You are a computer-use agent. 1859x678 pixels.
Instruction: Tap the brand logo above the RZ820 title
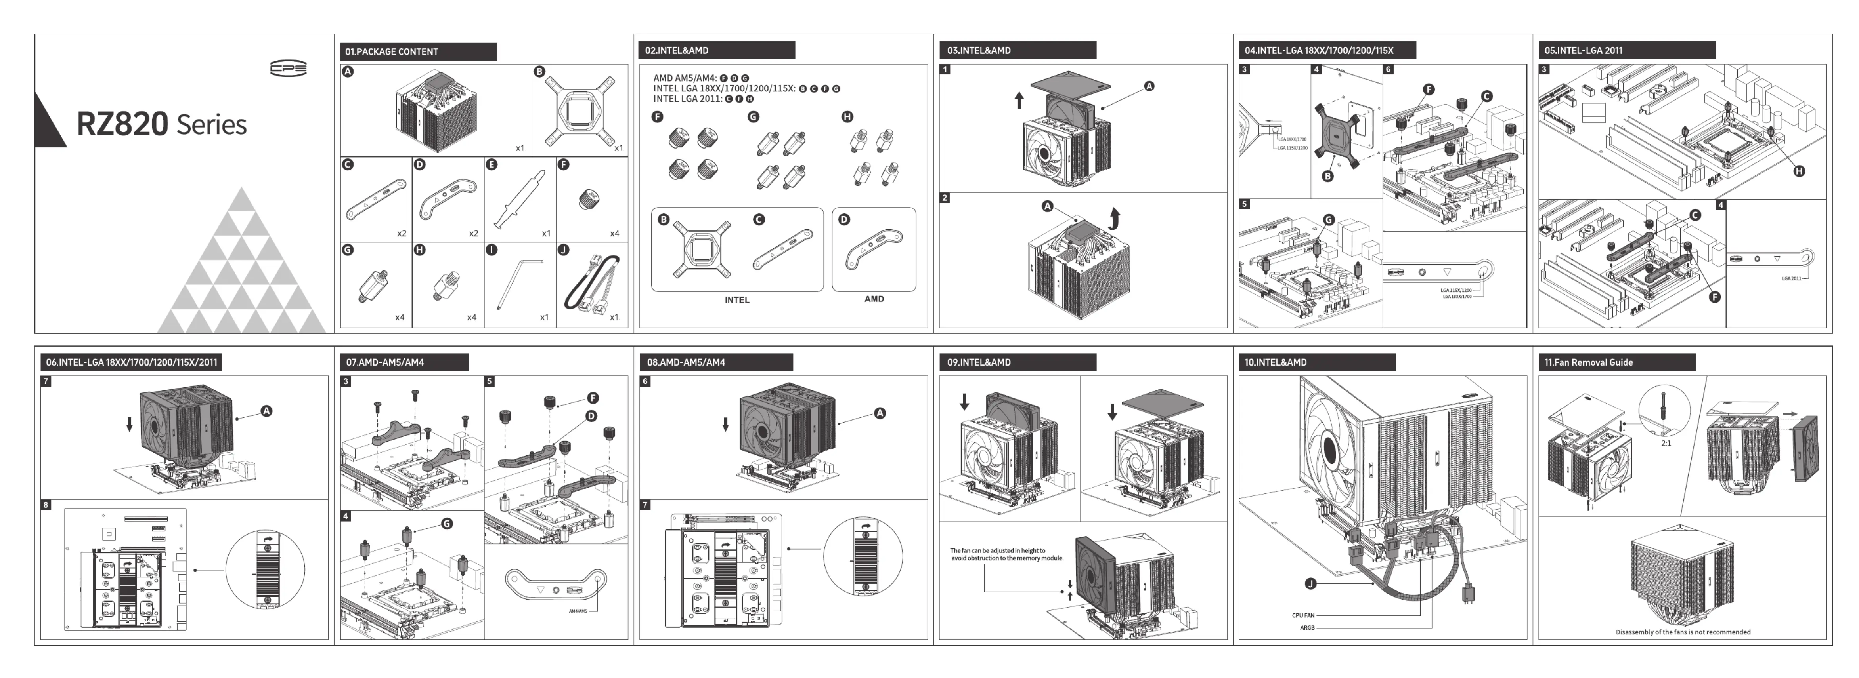288,69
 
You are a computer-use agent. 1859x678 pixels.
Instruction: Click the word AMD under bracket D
874,299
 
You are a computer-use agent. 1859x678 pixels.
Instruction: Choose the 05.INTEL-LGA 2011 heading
1584,50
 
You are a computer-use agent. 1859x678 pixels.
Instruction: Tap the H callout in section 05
1799,171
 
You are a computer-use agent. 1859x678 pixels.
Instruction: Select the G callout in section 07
447,524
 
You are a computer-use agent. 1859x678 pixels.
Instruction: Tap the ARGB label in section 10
1307,628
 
